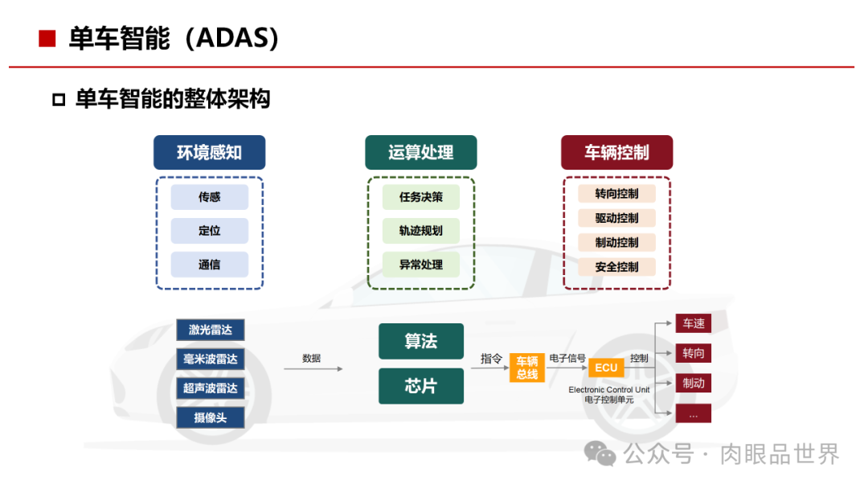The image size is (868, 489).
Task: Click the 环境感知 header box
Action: pos(209,152)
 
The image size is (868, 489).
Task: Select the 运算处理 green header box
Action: pos(420,152)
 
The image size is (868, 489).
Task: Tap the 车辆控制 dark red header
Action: pos(616,152)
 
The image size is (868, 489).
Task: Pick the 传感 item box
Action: pos(209,197)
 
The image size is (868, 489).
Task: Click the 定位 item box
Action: pos(209,231)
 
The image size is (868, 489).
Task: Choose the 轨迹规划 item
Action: pos(420,231)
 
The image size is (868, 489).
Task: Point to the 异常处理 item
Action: pos(420,265)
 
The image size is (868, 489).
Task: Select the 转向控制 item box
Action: pos(616,194)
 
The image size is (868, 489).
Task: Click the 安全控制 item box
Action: pos(616,267)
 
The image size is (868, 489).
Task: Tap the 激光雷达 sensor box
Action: pos(210,330)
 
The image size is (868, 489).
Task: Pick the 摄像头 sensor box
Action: pos(210,417)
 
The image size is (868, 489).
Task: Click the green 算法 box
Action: pos(420,341)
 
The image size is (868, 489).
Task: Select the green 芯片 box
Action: pos(420,386)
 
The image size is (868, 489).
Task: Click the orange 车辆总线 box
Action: pos(526,368)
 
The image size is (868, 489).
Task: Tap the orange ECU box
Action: pos(606,368)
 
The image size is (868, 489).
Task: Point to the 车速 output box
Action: pos(693,323)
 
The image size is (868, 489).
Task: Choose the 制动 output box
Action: pos(693,383)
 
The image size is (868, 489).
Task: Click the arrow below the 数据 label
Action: pos(313,368)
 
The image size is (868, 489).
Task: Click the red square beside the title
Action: pos(47,39)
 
